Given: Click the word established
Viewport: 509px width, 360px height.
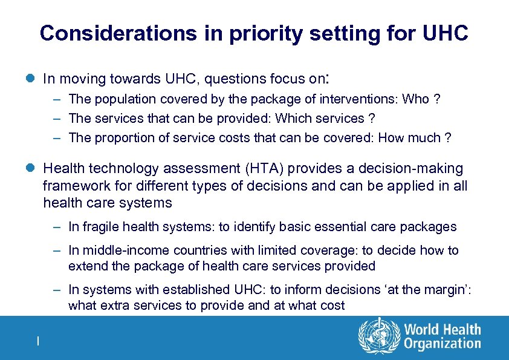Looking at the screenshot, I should [198, 290].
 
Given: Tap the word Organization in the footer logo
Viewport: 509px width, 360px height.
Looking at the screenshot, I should [443, 344].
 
